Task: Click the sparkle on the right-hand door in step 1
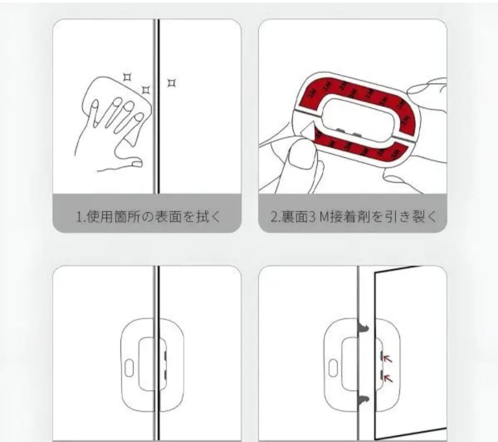point(172,83)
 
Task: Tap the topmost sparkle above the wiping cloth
point(127,77)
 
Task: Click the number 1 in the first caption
point(79,217)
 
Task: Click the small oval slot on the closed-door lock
point(129,368)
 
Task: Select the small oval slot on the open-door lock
point(333,368)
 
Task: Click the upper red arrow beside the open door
point(388,359)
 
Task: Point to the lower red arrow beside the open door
point(388,378)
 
